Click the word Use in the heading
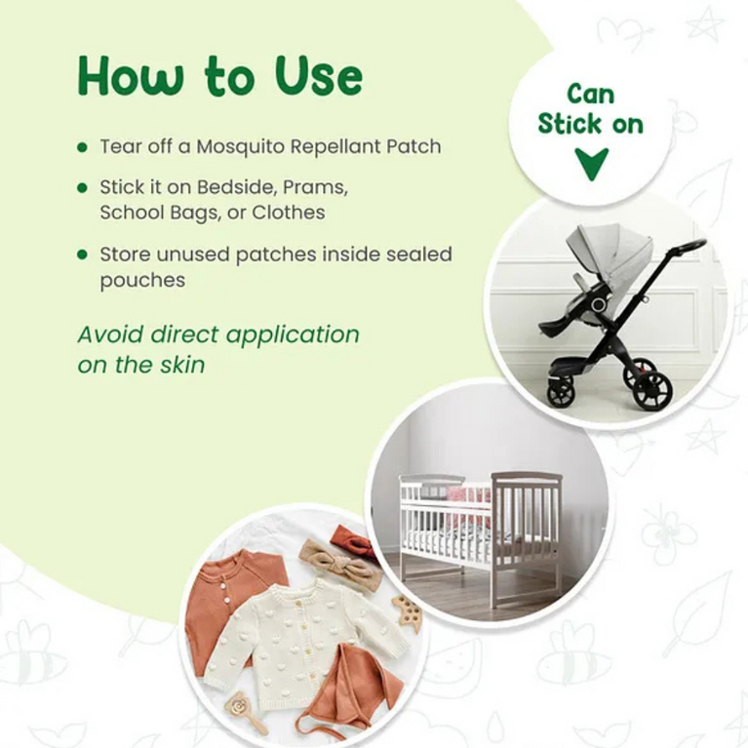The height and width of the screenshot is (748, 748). (309, 76)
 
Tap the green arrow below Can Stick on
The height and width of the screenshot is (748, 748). (591, 162)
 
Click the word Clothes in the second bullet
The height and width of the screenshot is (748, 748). (288, 212)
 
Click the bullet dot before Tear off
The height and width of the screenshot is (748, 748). (83, 147)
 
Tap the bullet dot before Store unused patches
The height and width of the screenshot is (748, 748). (83, 255)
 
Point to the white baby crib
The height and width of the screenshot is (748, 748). (482, 521)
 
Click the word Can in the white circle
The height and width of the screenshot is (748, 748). (591, 95)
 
